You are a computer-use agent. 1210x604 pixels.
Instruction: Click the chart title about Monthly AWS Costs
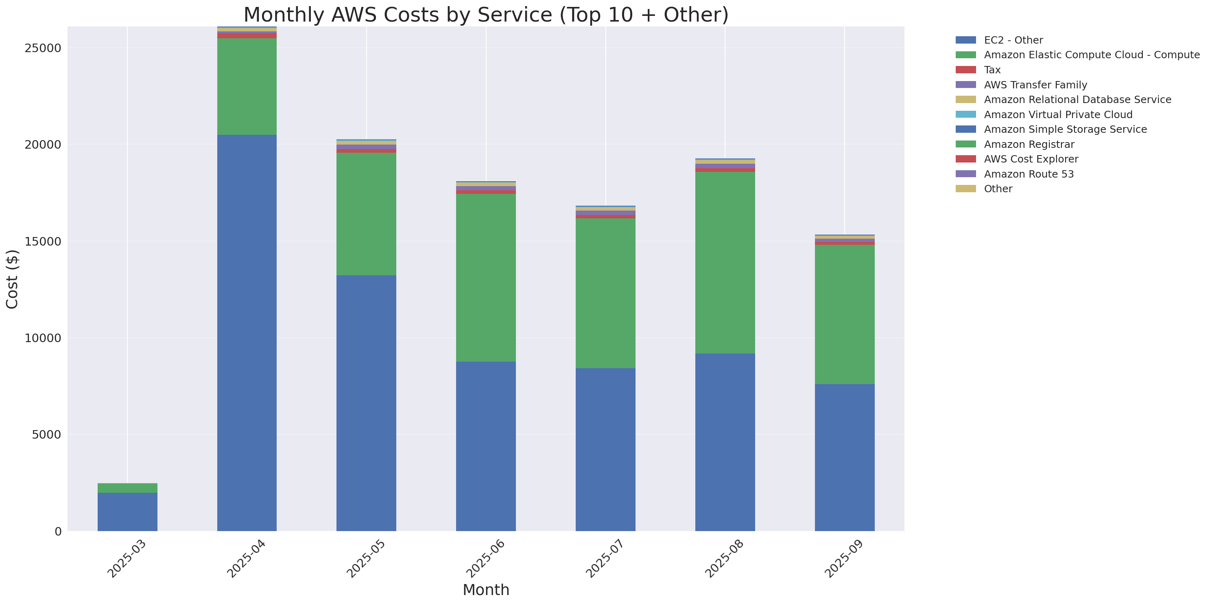pos(486,15)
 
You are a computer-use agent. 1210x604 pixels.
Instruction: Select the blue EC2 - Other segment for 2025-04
pos(247,333)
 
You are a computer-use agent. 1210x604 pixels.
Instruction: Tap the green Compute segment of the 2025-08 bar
pos(725,262)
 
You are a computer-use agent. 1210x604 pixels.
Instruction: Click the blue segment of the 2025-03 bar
pos(127,512)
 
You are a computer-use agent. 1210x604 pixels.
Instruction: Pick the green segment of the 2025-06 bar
pos(486,277)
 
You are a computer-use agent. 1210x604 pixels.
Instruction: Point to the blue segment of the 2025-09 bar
pos(844,457)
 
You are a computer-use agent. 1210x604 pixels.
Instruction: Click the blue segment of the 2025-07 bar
pos(605,449)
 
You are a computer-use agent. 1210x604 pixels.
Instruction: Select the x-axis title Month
pos(486,589)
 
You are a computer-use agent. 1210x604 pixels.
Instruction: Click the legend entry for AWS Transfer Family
pos(1035,85)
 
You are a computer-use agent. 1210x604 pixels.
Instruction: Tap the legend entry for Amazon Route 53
pos(1029,174)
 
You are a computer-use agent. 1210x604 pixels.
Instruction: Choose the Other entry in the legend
pos(998,189)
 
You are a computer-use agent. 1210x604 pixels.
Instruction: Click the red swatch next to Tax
pos(965,70)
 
